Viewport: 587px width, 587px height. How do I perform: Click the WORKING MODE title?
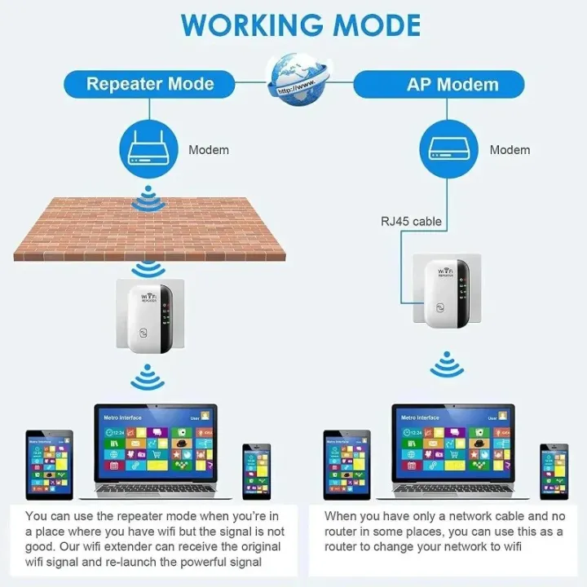(301, 25)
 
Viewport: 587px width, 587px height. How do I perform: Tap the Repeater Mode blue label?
(150, 84)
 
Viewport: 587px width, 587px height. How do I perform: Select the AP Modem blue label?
(452, 84)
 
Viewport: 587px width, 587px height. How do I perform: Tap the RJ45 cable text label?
(411, 221)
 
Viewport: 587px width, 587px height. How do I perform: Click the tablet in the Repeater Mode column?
(49, 465)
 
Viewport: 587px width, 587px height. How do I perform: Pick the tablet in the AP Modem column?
(346, 465)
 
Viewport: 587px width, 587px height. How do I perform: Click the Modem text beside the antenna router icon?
(209, 150)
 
